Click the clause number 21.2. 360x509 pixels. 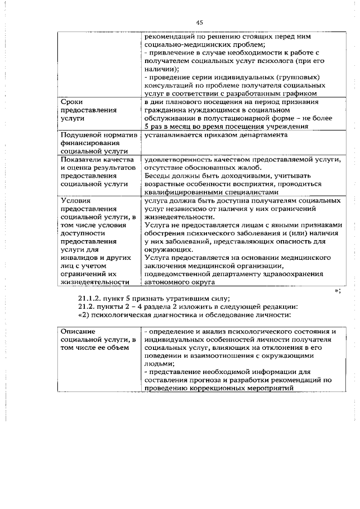pyautogui.click(x=88, y=307)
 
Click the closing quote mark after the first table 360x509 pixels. pyautogui.click(x=337, y=290)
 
